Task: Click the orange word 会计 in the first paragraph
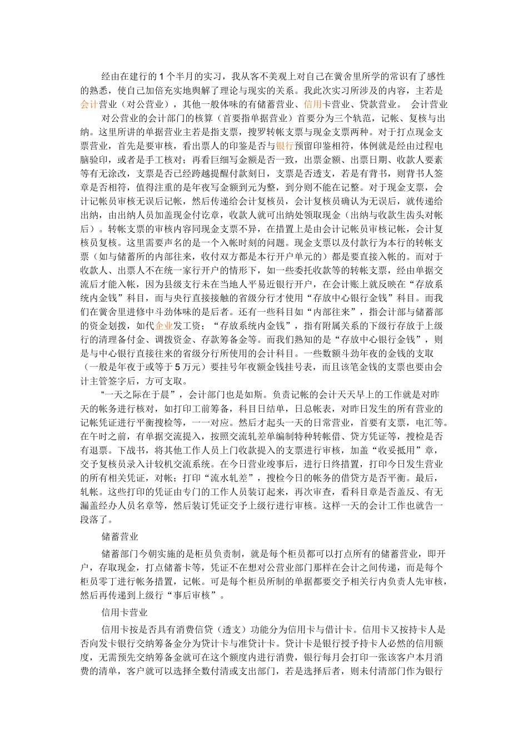89,104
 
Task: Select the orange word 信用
313,104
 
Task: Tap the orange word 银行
284,146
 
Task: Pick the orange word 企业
163,326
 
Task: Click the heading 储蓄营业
120,537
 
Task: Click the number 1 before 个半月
161,77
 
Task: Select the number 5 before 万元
177,367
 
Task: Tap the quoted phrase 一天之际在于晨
139,395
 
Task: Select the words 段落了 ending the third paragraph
98,520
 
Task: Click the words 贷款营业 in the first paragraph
378,104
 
